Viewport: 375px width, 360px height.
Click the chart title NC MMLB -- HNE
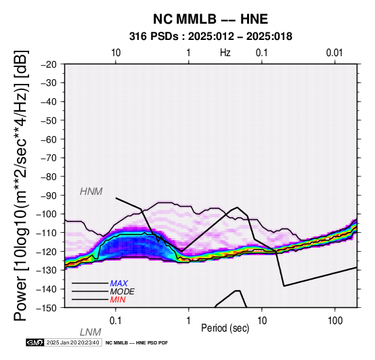point(211,19)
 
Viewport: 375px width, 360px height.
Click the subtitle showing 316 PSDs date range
point(211,37)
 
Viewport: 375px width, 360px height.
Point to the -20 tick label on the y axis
point(49,64)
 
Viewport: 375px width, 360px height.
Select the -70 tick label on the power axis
point(49,158)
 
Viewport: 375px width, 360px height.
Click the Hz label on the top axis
point(225,52)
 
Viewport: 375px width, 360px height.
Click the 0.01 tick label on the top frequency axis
point(334,53)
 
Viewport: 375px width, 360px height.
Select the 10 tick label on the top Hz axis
point(116,53)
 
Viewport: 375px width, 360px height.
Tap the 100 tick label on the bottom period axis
point(335,321)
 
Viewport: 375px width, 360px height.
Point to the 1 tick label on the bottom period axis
point(189,321)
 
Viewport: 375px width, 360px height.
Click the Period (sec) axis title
point(225,328)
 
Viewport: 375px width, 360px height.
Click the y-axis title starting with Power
point(21,185)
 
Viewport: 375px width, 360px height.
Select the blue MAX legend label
point(119,284)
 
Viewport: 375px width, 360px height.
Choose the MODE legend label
point(123,292)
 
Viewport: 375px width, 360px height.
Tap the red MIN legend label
point(118,300)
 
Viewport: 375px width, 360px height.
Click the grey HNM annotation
point(91,192)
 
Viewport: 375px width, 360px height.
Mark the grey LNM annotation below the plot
point(91,332)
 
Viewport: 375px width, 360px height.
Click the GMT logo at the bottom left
point(35,342)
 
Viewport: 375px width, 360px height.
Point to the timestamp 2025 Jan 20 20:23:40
point(72,342)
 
